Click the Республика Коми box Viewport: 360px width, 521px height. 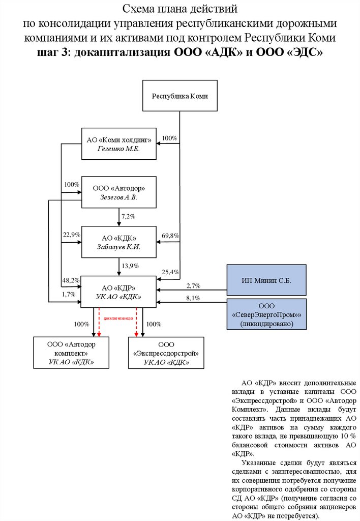point(180,96)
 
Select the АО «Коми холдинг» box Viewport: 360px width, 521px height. point(119,144)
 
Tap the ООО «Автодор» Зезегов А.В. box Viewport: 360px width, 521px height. point(119,192)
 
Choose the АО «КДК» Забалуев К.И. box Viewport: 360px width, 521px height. point(119,242)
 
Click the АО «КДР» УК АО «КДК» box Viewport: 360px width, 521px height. point(119,292)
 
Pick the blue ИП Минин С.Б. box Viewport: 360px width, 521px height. point(266,280)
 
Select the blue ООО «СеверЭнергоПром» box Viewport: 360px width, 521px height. point(266,314)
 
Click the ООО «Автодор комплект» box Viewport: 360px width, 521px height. point(71,353)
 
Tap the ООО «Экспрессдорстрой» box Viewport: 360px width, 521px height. point(166,353)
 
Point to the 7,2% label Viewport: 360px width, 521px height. point(128,217)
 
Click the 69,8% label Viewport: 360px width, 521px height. point(170,235)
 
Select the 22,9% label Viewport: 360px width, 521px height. point(71,235)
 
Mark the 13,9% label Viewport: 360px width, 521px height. point(130,266)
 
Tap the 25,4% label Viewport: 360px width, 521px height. point(170,272)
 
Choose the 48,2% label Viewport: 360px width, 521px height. point(71,280)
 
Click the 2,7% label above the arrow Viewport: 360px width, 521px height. point(193,286)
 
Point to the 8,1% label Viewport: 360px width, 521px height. point(193,298)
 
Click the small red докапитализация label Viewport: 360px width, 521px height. point(118,318)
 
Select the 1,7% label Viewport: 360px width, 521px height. point(69,294)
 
